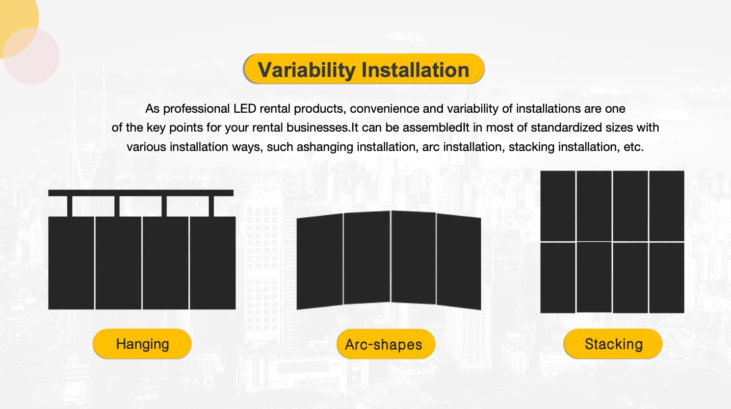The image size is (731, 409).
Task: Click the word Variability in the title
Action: (x=306, y=70)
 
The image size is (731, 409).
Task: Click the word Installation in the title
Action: (x=415, y=69)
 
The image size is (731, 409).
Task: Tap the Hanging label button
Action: (x=142, y=344)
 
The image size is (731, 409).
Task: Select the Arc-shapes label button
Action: (x=386, y=344)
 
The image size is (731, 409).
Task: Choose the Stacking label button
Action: (x=613, y=344)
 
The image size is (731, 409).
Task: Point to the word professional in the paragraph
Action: (x=196, y=109)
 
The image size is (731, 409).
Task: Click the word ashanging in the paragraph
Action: (x=325, y=147)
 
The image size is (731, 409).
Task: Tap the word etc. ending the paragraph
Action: (x=634, y=147)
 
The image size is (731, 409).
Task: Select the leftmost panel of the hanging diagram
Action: (x=71, y=263)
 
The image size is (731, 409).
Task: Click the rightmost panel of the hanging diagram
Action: (x=213, y=263)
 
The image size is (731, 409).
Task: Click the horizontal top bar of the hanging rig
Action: (x=141, y=193)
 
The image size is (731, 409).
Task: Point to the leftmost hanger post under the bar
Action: (x=69, y=206)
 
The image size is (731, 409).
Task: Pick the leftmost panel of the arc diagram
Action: (x=320, y=262)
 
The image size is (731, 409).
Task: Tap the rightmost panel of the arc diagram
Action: (x=459, y=262)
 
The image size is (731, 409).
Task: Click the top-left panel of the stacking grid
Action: (x=558, y=206)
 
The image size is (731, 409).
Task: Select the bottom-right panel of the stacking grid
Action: (x=667, y=278)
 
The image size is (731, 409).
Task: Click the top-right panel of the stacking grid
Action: (x=667, y=206)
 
